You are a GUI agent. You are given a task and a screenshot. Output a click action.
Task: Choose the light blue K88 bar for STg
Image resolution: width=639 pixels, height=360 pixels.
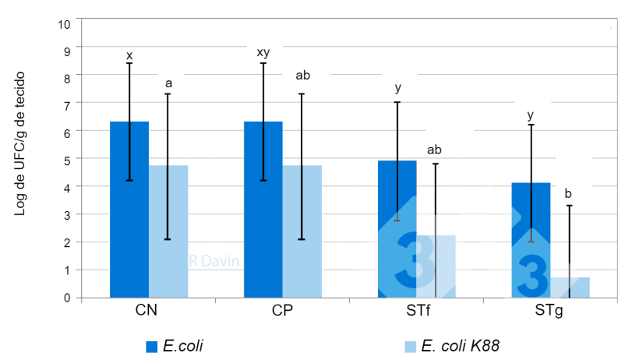point(570,288)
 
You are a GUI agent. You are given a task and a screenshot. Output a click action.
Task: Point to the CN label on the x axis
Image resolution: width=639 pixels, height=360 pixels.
point(147,310)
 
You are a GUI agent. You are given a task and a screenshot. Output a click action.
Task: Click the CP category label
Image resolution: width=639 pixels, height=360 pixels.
point(281,310)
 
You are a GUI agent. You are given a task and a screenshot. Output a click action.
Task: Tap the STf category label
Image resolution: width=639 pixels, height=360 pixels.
point(415,310)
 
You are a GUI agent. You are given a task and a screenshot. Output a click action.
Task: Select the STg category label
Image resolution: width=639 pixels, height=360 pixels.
point(549,310)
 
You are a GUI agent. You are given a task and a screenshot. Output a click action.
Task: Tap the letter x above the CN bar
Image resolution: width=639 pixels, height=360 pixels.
point(129,55)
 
